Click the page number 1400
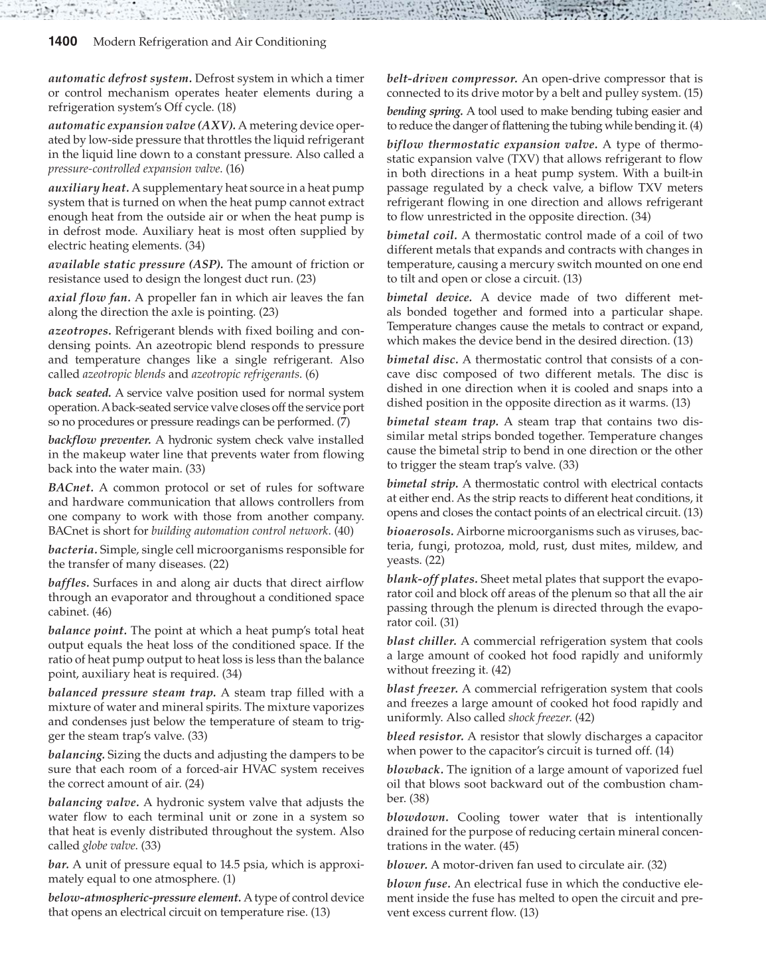(x=64, y=42)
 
